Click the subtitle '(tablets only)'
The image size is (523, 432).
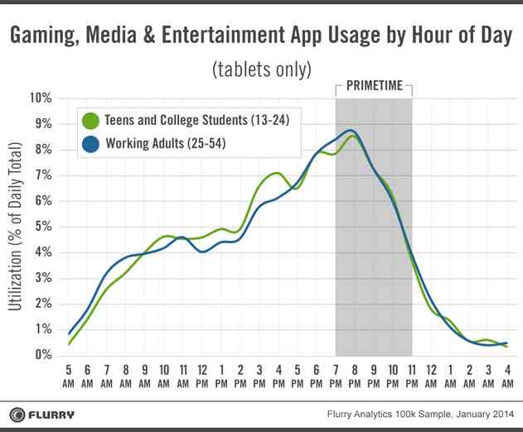261,66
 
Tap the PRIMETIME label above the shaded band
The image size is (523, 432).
373,86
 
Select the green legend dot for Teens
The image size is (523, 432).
91,121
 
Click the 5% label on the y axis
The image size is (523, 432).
42,227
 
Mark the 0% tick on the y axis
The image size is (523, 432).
42,355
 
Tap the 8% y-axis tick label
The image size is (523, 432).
42,150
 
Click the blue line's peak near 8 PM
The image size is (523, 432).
351,130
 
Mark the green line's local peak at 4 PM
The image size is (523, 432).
277,173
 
